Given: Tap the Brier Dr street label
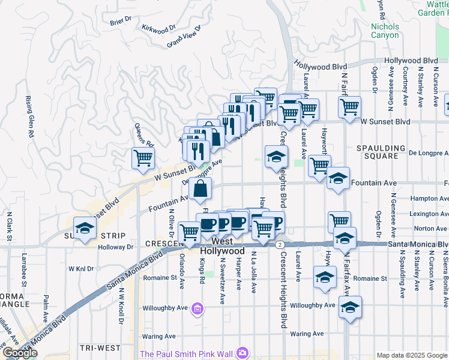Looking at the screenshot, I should (121, 21).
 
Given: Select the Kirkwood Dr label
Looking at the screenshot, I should (158, 28).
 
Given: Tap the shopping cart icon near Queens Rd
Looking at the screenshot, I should (143, 158).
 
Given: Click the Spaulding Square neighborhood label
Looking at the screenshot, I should (385, 152).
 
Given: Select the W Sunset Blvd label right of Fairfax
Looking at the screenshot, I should (385, 121).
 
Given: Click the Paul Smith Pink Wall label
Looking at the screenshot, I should (186, 353).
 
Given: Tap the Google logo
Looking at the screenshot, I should (19, 353).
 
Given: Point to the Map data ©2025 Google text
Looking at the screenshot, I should (412, 355).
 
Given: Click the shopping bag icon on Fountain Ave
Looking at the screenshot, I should (200, 189).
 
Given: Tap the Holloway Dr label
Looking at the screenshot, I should (117, 246).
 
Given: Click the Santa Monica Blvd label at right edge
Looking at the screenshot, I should (418, 244).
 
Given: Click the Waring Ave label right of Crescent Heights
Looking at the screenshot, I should (307, 334).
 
